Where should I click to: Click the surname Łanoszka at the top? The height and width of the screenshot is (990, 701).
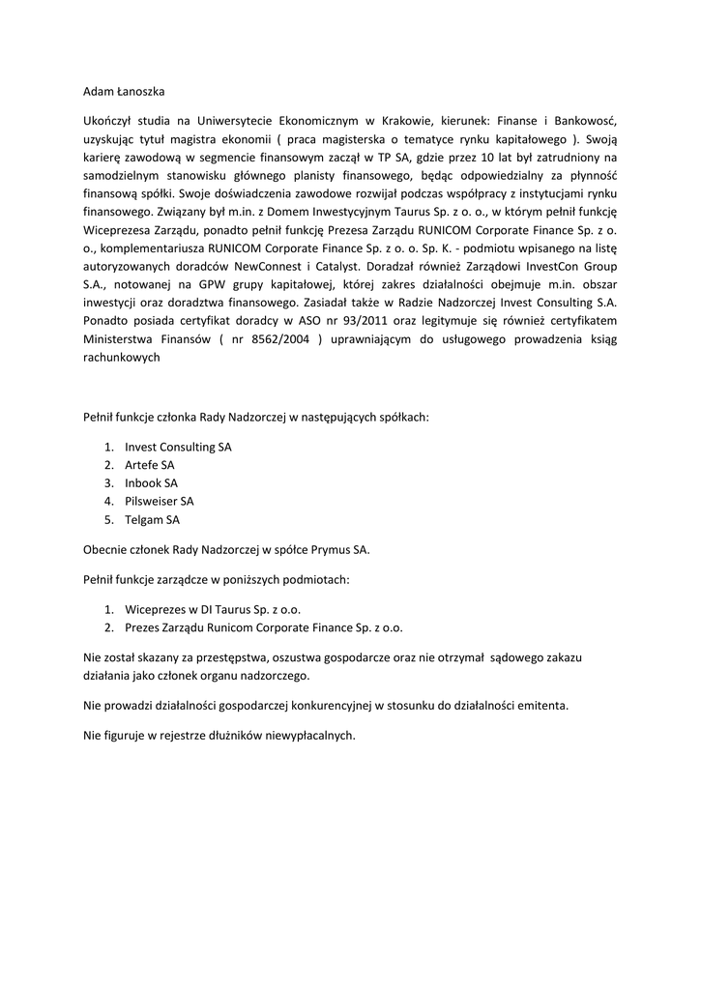coord(141,92)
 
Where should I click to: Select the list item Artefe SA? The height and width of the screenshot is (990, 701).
coord(150,465)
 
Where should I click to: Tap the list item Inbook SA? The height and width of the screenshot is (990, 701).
coord(151,482)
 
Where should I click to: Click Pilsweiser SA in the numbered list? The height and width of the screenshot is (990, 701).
coord(159,501)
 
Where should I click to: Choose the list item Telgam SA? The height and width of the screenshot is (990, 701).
coord(152,519)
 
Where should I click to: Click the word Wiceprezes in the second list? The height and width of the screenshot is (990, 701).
coord(154,609)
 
